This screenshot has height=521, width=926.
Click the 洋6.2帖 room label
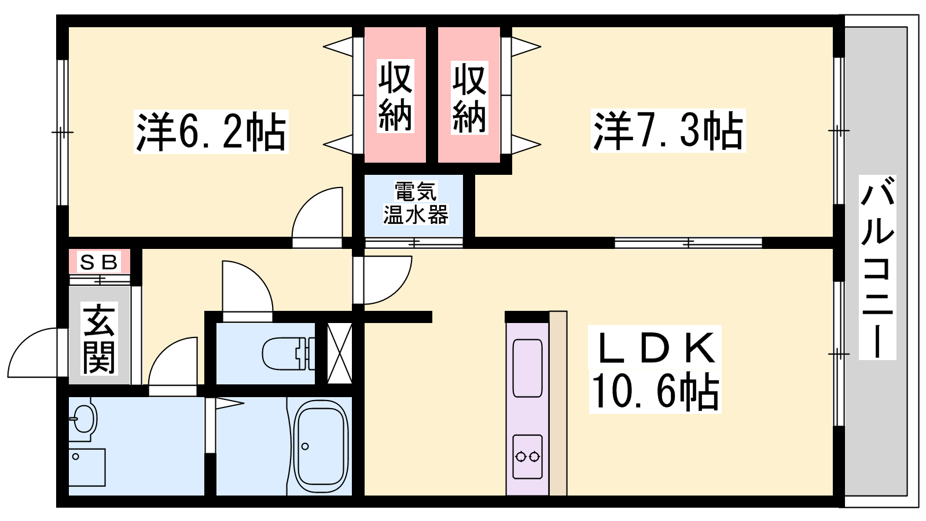point(211,132)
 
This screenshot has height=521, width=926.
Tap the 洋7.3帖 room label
point(668,131)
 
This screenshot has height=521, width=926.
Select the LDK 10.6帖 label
point(655,370)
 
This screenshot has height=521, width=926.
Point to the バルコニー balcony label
point(877,267)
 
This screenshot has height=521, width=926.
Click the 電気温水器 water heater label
point(415,203)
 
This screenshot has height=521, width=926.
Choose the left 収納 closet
point(395,96)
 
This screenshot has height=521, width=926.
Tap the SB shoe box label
point(99,262)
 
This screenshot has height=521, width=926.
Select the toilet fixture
point(288,353)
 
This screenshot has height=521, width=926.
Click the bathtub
point(321,446)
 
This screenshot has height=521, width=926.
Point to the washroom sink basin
point(83,419)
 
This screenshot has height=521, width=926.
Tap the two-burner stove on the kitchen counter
point(527,457)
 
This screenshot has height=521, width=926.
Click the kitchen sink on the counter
point(527,368)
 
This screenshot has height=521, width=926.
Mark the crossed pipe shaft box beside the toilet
point(340,353)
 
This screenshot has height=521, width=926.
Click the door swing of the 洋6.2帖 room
point(318,215)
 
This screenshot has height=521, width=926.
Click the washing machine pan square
point(87,467)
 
